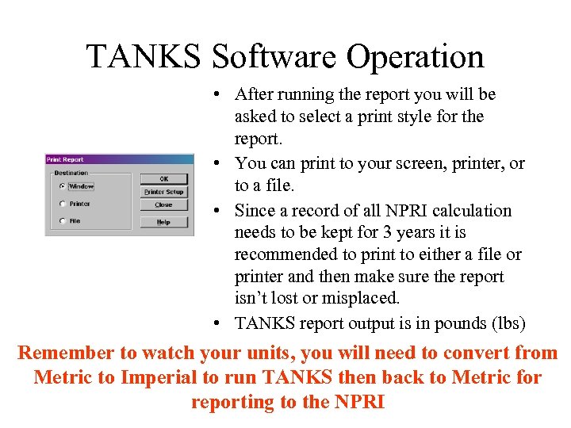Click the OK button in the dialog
[164, 179]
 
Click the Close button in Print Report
[164, 204]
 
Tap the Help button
[164, 222]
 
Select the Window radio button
[62, 187]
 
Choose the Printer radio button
[62, 204]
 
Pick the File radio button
[62, 221]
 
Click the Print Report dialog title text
[65, 159]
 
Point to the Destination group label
[71, 173]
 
